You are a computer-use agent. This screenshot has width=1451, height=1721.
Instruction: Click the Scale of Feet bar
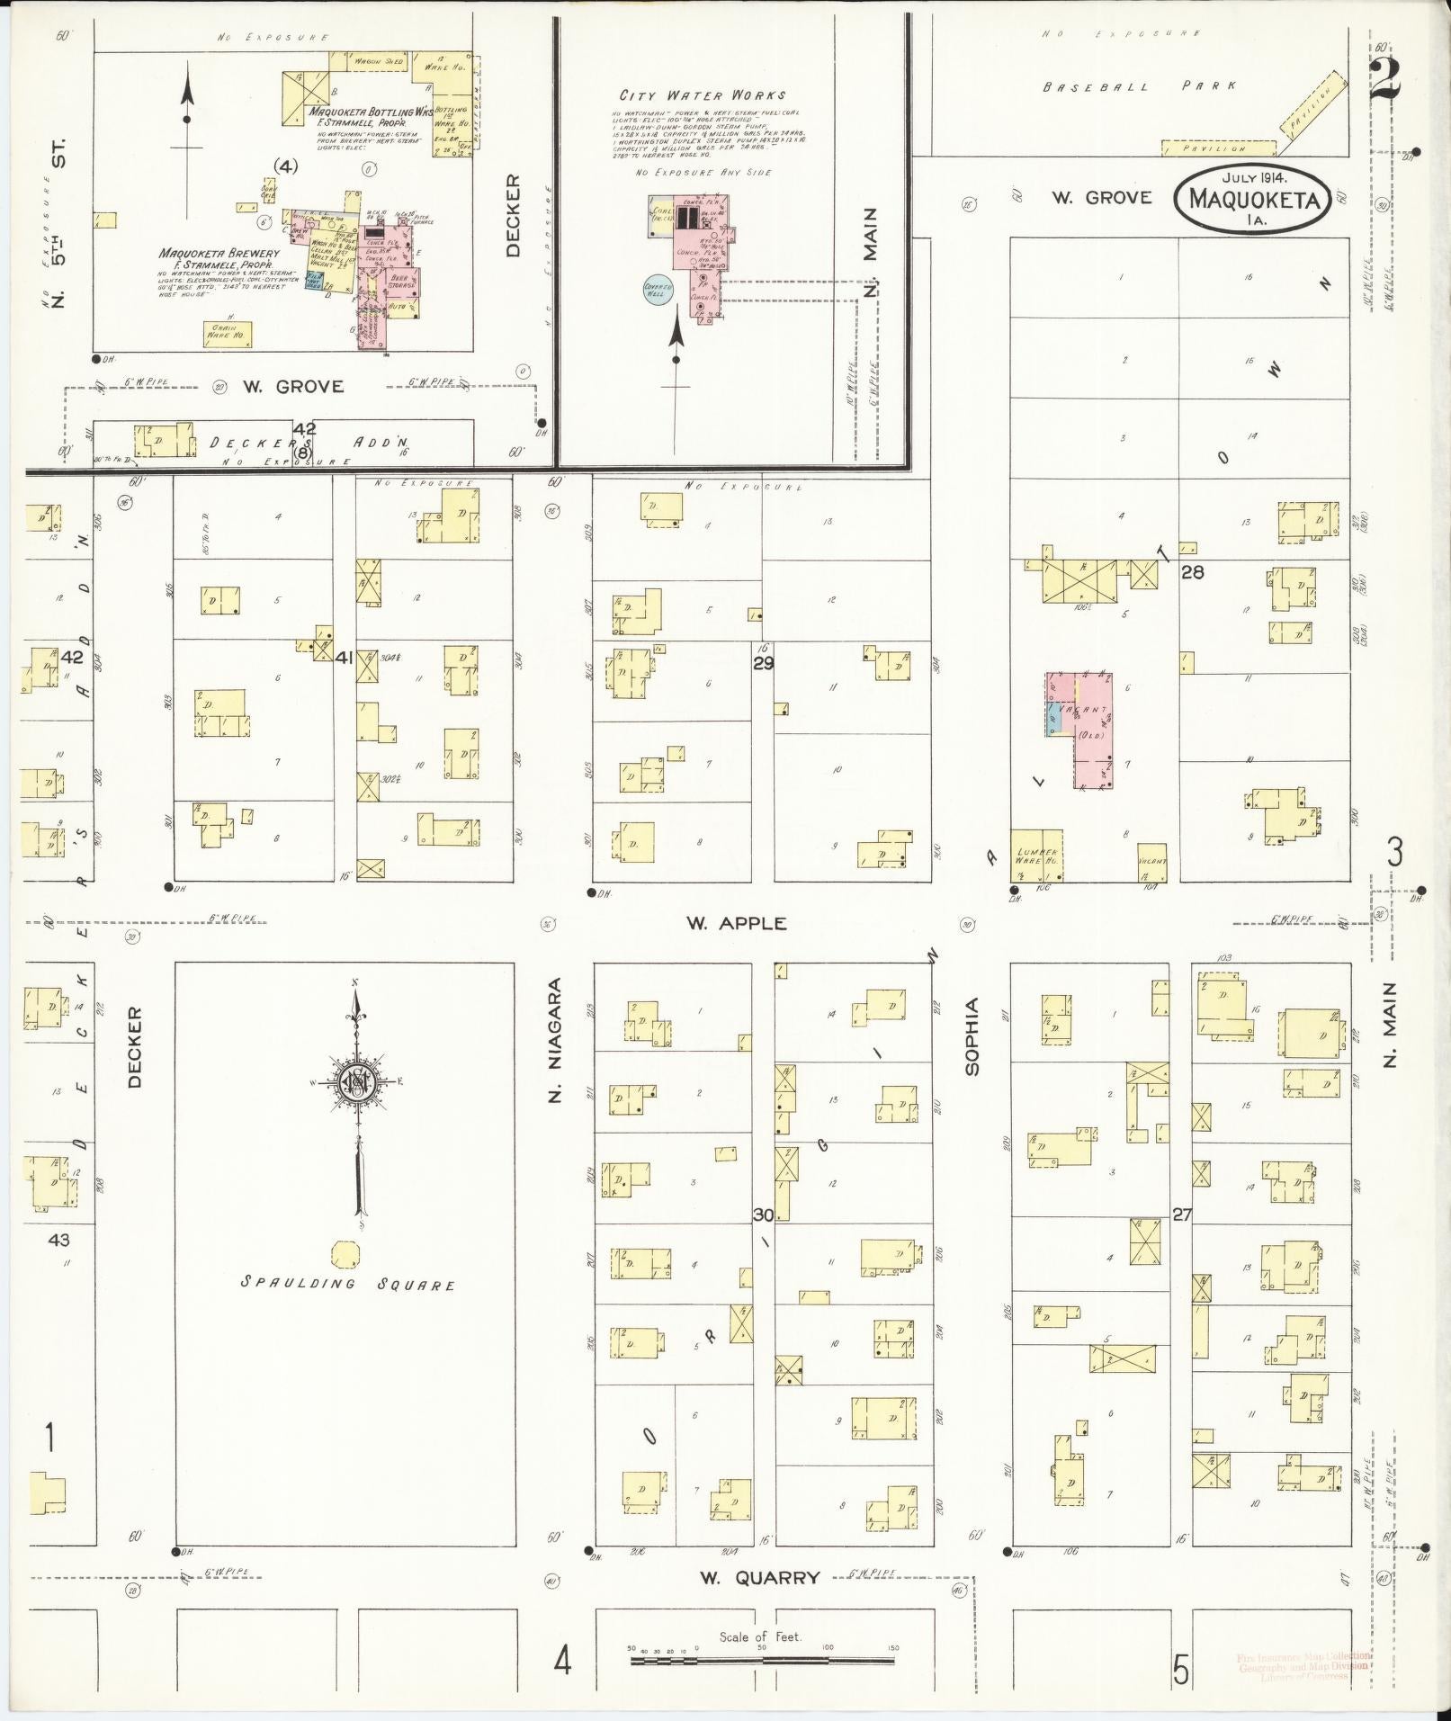pos(763,1660)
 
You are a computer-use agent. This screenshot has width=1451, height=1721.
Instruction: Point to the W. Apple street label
pos(735,923)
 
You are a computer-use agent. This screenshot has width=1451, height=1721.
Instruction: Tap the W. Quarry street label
pos(760,1577)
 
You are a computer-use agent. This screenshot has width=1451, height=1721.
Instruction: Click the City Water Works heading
pos(702,94)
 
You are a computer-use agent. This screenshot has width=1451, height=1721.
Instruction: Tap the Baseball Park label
pos(1139,87)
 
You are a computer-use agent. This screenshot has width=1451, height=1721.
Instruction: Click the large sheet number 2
pos(1384,79)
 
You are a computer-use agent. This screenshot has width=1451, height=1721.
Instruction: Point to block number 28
pos(1192,572)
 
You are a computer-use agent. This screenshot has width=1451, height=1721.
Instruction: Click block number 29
pos(763,663)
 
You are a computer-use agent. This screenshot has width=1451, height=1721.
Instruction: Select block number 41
pos(344,658)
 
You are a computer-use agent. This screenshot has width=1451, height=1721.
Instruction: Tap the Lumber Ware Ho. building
pos(1036,856)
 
